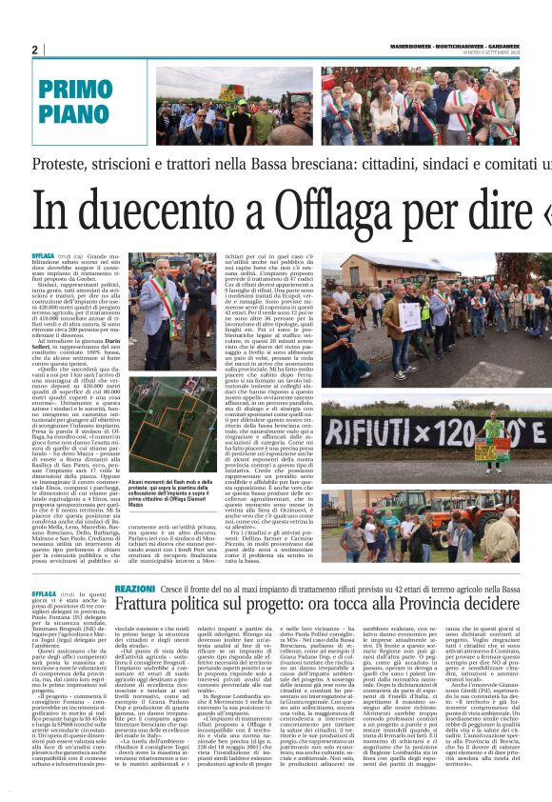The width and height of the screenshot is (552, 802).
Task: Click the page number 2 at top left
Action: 34,50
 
